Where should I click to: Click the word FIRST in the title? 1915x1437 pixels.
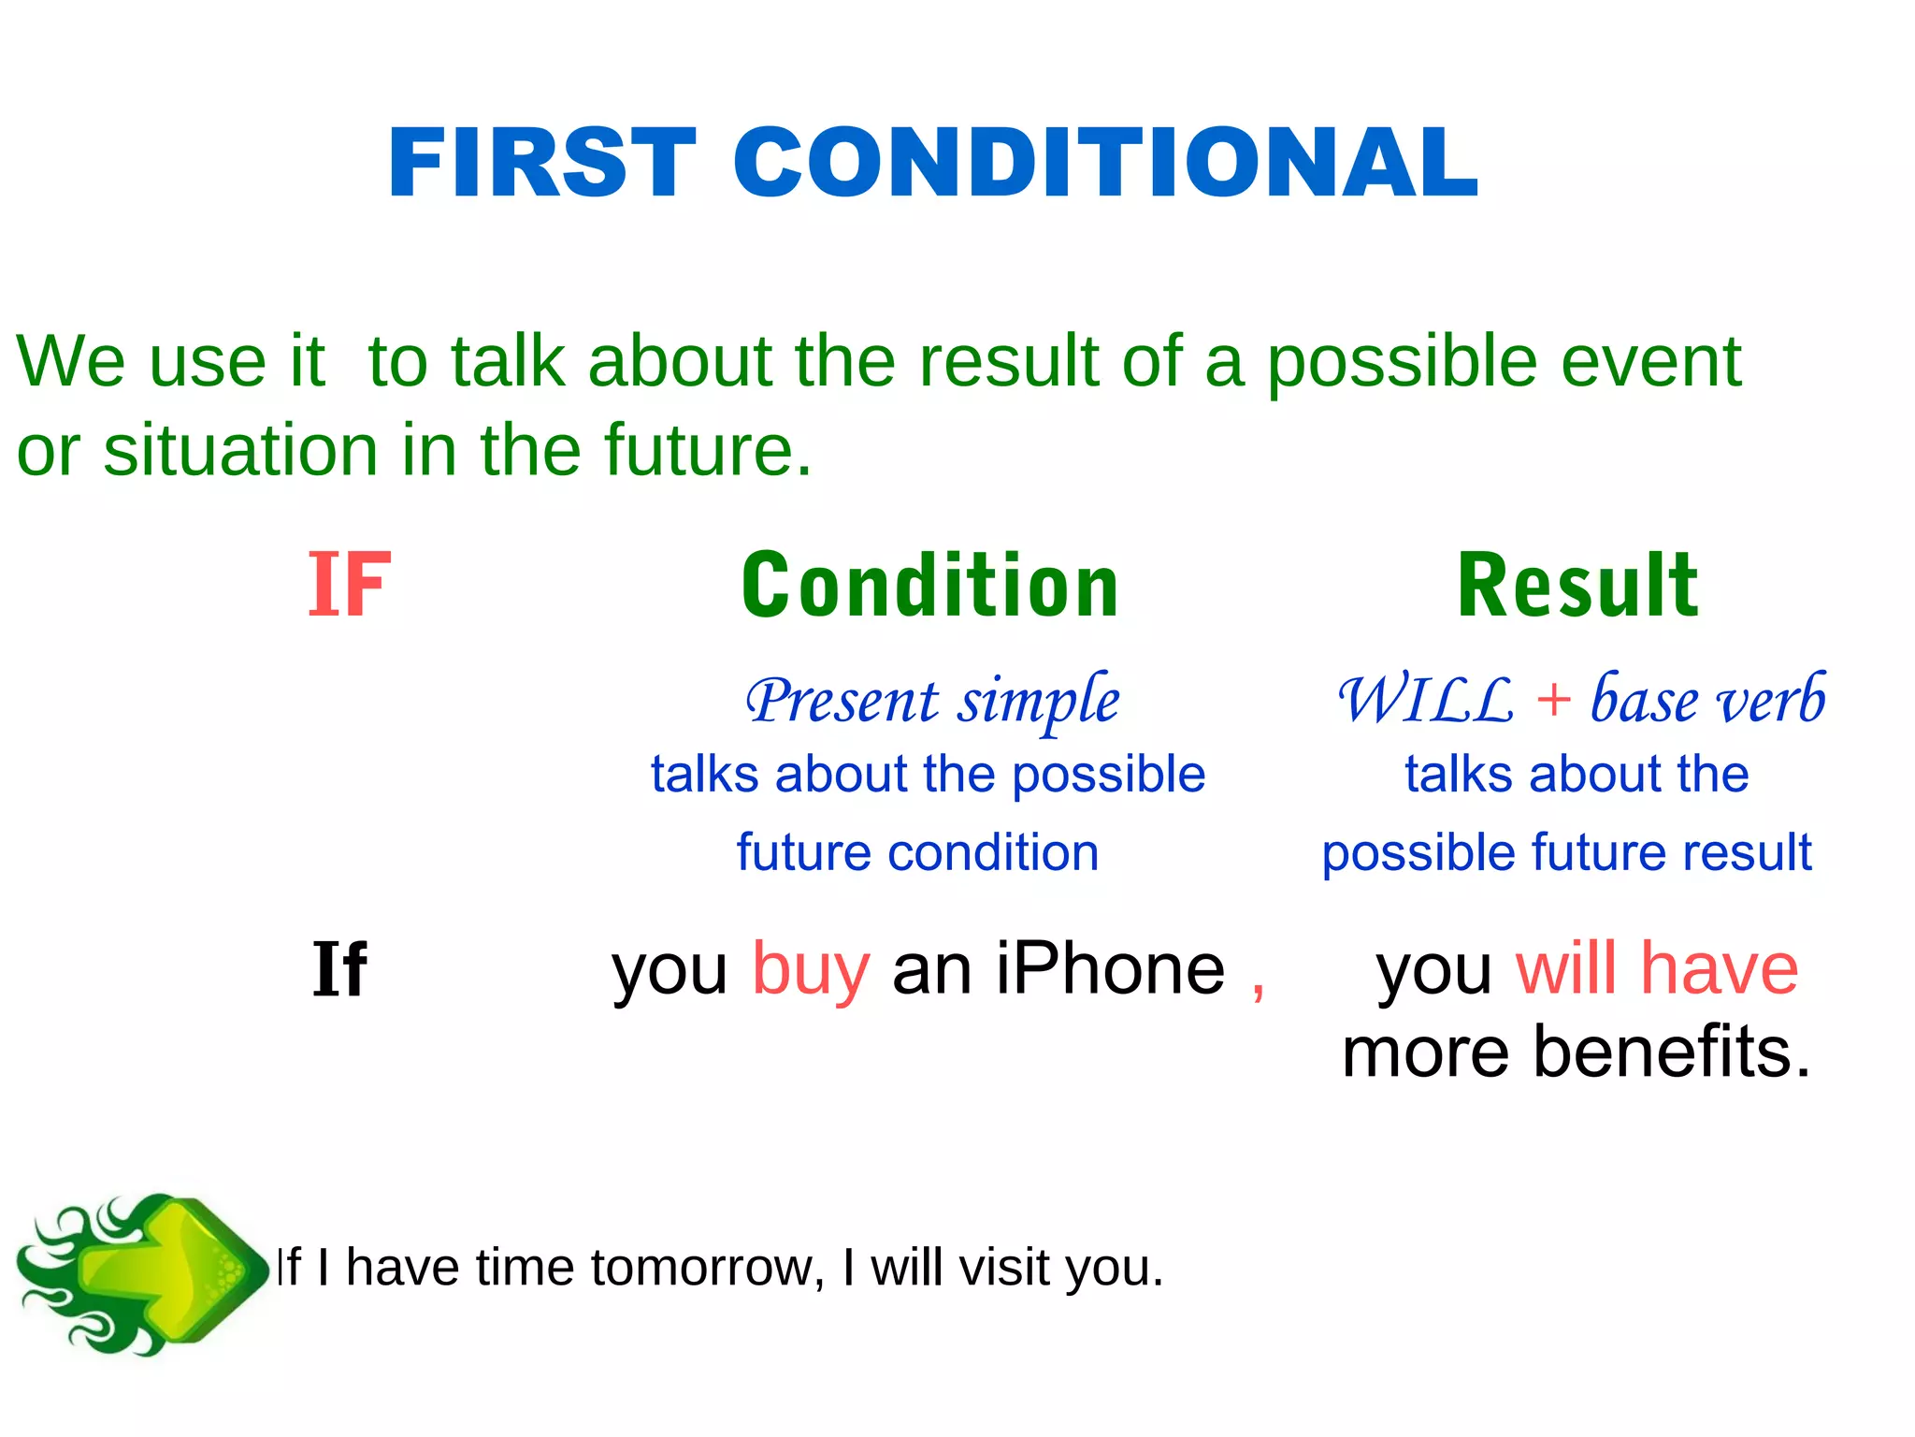pos(542,164)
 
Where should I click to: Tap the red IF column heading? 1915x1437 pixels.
pos(349,586)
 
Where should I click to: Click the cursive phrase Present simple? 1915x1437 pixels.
pos(932,702)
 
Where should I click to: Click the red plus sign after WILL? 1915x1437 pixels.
pos(1553,700)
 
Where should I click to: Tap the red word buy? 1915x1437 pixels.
pos(811,970)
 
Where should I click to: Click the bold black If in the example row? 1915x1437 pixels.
pos(338,970)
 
